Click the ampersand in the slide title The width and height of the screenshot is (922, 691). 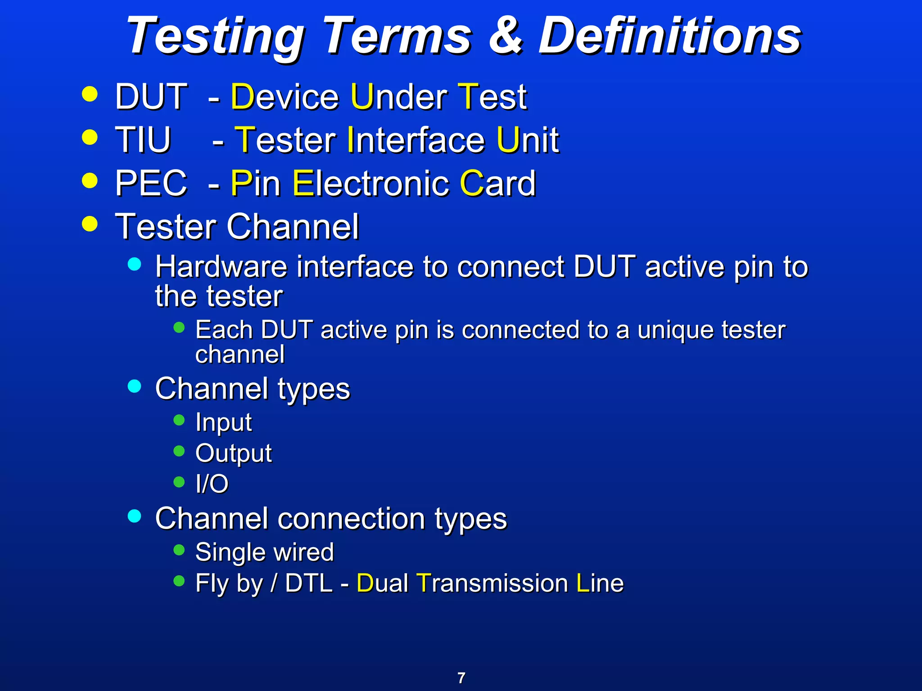(x=505, y=36)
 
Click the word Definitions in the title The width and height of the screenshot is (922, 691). (x=669, y=36)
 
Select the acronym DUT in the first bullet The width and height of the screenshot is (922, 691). (x=151, y=97)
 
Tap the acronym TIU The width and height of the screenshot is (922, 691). (x=143, y=140)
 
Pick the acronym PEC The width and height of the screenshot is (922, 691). (x=151, y=183)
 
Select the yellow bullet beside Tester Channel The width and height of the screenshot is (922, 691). (x=90, y=224)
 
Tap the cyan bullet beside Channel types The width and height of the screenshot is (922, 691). (x=134, y=386)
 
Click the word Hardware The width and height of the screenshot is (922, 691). (x=221, y=267)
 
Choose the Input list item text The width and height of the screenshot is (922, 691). (x=223, y=422)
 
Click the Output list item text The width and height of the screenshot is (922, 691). (x=233, y=453)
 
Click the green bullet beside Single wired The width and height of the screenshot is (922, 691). (x=179, y=550)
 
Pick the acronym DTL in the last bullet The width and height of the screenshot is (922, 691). (x=308, y=583)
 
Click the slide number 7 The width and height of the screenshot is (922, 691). (x=461, y=678)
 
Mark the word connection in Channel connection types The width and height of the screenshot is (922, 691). (x=351, y=519)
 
